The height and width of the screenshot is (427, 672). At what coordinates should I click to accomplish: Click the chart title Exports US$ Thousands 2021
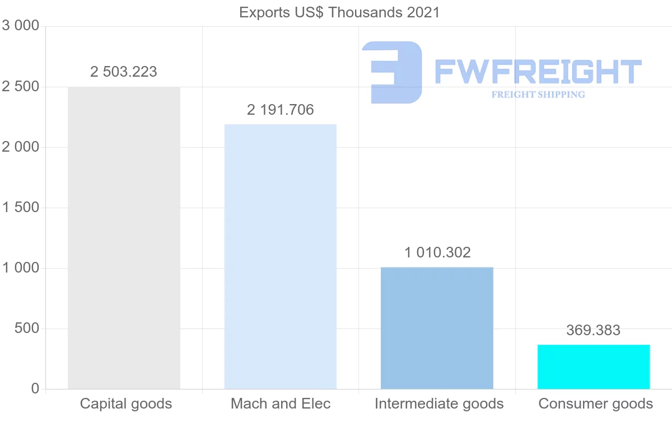pyautogui.click(x=339, y=12)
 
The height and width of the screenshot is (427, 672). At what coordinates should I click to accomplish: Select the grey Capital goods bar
pyautogui.click(x=124, y=238)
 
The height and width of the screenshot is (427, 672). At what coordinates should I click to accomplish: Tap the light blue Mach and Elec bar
pyautogui.click(x=280, y=256)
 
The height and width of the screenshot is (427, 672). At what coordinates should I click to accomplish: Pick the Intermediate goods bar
pyautogui.click(x=437, y=328)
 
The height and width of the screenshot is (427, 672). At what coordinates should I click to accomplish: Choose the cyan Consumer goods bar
pyautogui.click(x=594, y=367)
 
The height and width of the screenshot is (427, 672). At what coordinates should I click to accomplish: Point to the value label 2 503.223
pyautogui.click(x=124, y=72)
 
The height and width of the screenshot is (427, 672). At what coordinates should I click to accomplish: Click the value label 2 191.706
pyautogui.click(x=280, y=110)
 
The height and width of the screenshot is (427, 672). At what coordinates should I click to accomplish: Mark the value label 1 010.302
pyautogui.click(x=437, y=252)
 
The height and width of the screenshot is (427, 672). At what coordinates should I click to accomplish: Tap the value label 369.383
pyautogui.click(x=593, y=330)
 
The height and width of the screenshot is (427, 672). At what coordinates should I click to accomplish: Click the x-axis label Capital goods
pyautogui.click(x=126, y=403)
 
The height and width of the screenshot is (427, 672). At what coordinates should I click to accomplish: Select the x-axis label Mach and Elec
pyautogui.click(x=281, y=403)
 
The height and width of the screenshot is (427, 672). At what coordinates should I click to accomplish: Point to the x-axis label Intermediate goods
pyautogui.click(x=439, y=403)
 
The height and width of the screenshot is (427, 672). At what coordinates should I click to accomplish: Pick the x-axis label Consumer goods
pyautogui.click(x=595, y=403)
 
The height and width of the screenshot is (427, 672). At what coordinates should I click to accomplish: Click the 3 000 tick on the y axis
pyautogui.click(x=21, y=26)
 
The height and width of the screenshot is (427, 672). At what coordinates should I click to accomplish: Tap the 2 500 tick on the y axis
pyautogui.click(x=21, y=87)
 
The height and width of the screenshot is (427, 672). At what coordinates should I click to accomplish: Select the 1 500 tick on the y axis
pyautogui.click(x=21, y=208)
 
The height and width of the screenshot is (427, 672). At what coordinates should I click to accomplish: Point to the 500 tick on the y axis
pyautogui.click(x=26, y=329)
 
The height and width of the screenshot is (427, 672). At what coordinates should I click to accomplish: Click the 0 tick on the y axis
pyautogui.click(x=35, y=389)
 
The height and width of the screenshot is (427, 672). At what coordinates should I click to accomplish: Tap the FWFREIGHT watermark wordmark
pyautogui.click(x=538, y=72)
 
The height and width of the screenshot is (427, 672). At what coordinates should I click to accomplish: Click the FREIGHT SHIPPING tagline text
pyautogui.click(x=538, y=95)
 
